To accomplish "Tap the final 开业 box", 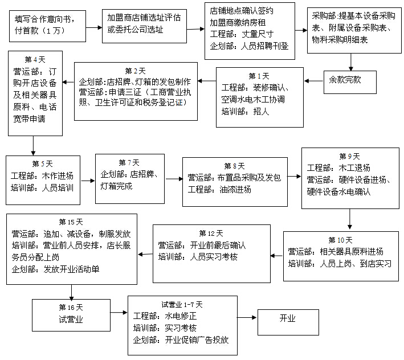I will coord(287,318).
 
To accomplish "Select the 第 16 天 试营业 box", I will coord(71,313).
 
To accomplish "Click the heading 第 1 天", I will coord(259,75).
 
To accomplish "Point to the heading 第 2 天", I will coord(135,71).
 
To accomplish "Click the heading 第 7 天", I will coord(129,162).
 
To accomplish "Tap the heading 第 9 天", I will coord(350,156).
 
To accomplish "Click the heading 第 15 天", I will coord(71,221).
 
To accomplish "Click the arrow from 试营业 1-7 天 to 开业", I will coord(247,318).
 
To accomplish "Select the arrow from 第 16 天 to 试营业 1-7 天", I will coord(117,313).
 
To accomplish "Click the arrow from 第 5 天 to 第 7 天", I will coord(88,182).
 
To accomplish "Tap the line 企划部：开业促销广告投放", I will coord(181,340).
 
